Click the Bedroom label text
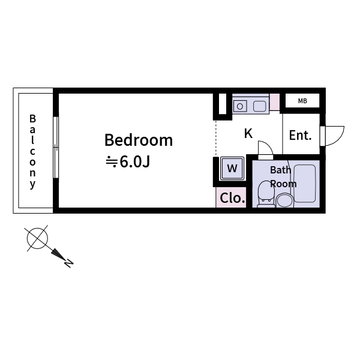coord(139,140)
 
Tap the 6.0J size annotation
coord(128,162)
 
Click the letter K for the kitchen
coord(248,134)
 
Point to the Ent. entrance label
coord(300,136)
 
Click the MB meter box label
coord(302,101)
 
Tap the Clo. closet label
coord(232,198)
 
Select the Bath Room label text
coord(281,177)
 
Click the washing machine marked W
coord(232,167)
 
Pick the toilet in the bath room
coord(266,194)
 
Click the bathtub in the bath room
coord(305,183)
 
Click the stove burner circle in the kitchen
coord(240,107)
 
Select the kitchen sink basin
coord(260,107)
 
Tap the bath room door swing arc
coord(265,147)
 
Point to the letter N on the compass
coord(69,262)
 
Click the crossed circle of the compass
coord(37,238)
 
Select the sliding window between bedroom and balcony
coord(56,147)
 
